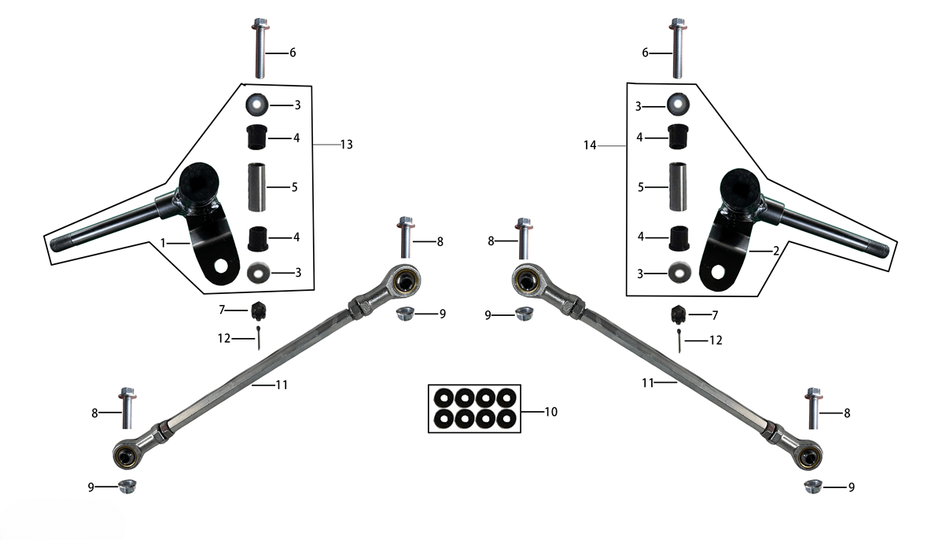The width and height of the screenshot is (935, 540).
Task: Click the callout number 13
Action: [x=347, y=145]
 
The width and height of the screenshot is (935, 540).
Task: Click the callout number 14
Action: [x=590, y=145]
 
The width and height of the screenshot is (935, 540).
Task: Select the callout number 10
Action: [x=551, y=412]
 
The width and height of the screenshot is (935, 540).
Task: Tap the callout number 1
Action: [x=163, y=243]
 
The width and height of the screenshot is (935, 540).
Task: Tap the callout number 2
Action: [x=776, y=251]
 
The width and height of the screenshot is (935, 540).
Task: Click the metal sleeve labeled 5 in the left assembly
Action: [x=257, y=187]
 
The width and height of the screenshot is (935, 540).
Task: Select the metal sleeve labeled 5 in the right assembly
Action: [x=679, y=186]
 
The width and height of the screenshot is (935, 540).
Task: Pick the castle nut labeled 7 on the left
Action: [x=259, y=311]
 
